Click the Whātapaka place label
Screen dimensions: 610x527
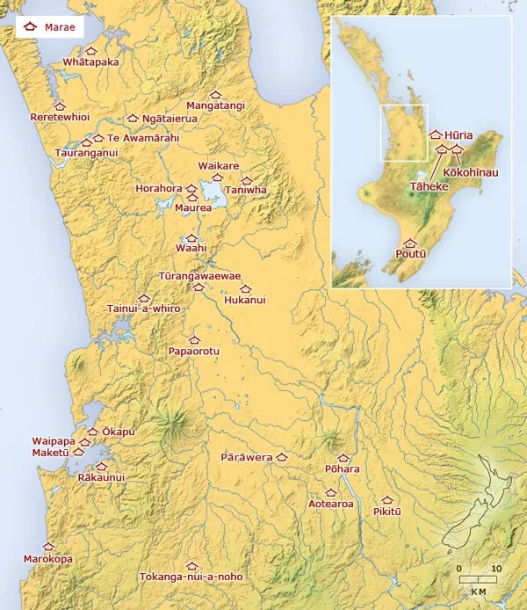90,62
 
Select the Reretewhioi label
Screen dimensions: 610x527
60,117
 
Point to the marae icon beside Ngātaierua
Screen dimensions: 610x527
133,118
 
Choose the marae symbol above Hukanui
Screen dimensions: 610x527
245,288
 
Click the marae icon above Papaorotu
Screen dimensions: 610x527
194,339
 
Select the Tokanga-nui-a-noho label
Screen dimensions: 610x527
191,577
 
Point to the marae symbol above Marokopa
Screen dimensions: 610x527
48,547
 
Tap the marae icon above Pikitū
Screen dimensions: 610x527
387,499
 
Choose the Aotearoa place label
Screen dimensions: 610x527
331,505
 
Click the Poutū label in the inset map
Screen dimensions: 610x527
410,254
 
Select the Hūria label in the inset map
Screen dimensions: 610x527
458,135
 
